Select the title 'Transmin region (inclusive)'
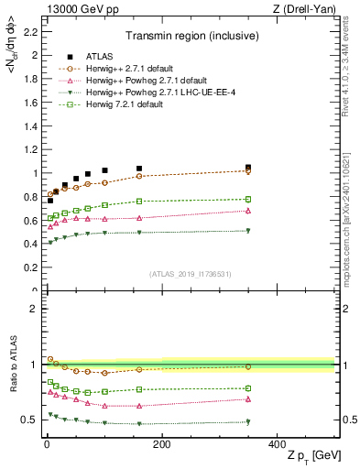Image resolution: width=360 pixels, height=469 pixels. pyautogui.click(x=190, y=38)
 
